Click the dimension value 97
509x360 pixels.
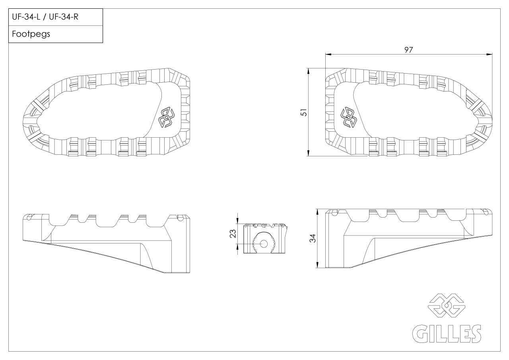(x=408, y=50)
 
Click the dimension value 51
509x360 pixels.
(x=304, y=113)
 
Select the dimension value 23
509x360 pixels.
(x=233, y=234)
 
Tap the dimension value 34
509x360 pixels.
(x=313, y=239)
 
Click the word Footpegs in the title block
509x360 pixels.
(x=31, y=34)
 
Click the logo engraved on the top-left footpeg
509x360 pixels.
(x=167, y=118)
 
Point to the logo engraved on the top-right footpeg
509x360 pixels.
(x=348, y=118)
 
